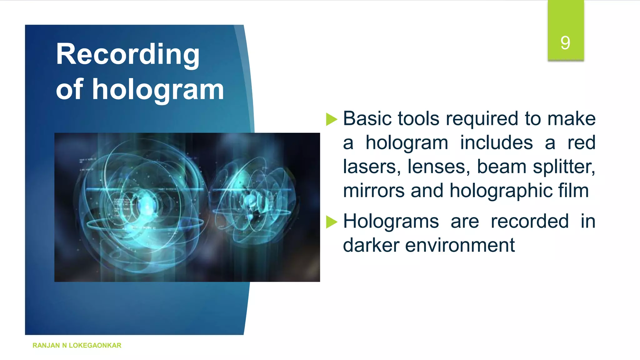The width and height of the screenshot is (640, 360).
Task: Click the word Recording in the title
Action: (x=127, y=55)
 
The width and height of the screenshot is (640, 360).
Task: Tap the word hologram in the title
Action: (x=158, y=90)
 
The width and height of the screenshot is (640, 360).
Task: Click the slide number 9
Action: (x=565, y=43)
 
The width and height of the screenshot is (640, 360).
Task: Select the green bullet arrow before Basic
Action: (x=331, y=119)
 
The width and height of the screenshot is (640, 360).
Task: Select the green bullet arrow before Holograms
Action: (x=331, y=222)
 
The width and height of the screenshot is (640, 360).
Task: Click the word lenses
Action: (x=439, y=167)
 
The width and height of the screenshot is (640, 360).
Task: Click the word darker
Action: (x=371, y=245)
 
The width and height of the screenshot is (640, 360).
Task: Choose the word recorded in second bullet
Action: (x=529, y=222)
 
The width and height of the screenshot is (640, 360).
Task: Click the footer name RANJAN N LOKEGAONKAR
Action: (x=77, y=345)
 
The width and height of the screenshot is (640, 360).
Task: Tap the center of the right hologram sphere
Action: (x=252, y=200)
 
